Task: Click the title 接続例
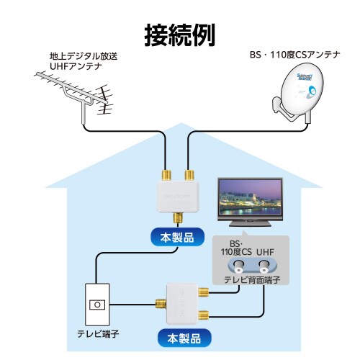coord(179,33)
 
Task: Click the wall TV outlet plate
coord(94,305)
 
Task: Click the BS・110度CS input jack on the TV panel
coord(237,266)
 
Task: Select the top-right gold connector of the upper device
coord(189,175)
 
